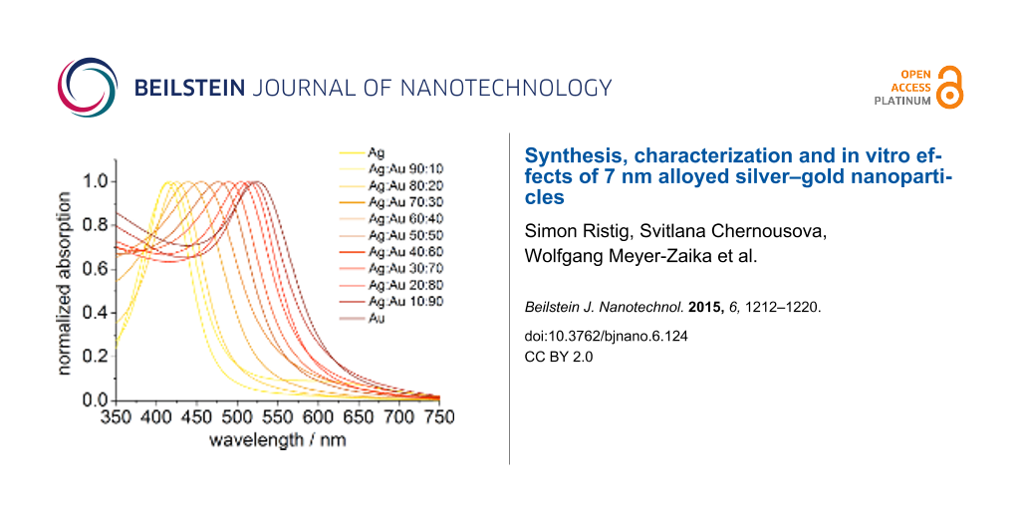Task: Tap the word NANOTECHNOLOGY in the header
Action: click(x=505, y=88)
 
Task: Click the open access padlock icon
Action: click(x=951, y=88)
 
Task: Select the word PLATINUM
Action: click(x=902, y=101)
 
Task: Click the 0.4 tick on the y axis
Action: click(x=95, y=313)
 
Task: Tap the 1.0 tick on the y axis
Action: click(x=95, y=181)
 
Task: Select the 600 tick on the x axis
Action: click(x=320, y=419)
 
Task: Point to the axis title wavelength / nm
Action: click(x=277, y=439)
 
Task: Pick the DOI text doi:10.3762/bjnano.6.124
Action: click(x=606, y=337)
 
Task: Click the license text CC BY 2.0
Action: click(x=558, y=356)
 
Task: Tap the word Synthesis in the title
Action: click(x=571, y=156)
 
